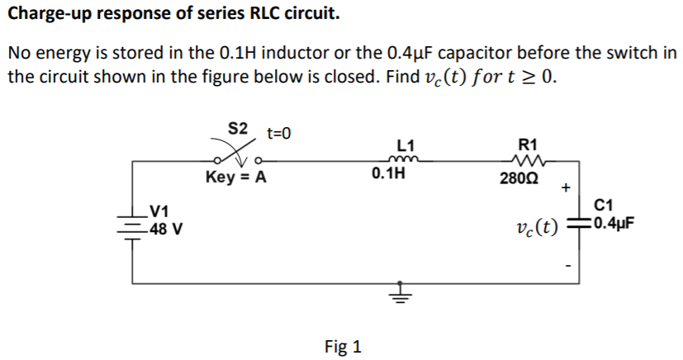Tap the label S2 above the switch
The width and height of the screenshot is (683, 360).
(238, 129)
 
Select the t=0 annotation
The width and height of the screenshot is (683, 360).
(279, 133)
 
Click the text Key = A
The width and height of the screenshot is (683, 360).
(235, 178)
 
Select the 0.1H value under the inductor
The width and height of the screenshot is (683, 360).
(389, 175)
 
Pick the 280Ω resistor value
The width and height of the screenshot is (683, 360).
(518, 178)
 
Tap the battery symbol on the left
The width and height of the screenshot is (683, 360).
(132, 224)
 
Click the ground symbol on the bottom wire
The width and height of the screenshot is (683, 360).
(401, 294)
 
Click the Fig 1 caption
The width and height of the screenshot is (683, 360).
(343, 345)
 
